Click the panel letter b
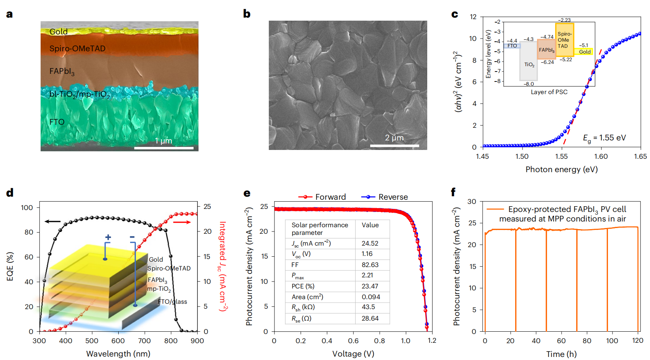click(247, 14)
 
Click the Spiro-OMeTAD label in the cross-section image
click(77, 49)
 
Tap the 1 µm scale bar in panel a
click(164, 148)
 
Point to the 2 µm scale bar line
click(394, 146)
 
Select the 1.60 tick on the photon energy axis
click(601, 156)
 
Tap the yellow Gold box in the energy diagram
click(584, 52)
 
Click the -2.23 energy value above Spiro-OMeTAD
click(564, 20)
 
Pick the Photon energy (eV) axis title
click(561, 169)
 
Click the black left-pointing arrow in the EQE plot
click(52, 222)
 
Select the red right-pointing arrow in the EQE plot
click(182, 222)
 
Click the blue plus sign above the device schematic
click(108, 238)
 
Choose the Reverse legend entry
click(385, 197)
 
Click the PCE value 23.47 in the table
click(370, 286)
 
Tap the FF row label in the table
click(295, 265)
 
